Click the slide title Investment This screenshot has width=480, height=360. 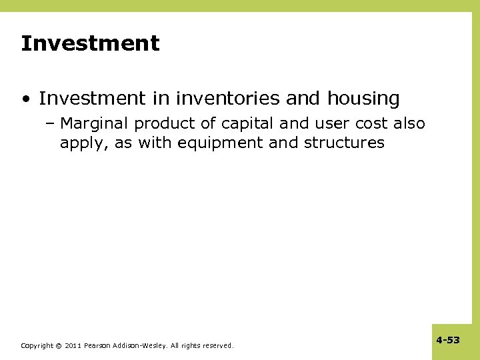pyautogui.click(x=90, y=44)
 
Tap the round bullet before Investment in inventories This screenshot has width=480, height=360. pyautogui.click(x=25, y=100)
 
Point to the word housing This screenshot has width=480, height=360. pyautogui.click(x=363, y=99)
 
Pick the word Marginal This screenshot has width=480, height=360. pyautogui.click(x=95, y=124)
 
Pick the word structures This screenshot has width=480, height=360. pyautogui.click(x=344, y=143)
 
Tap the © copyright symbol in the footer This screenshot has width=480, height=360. pyautogui.click(x=59, y=346)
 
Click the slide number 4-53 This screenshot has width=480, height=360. pyautogui.click(x=448, y=340)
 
